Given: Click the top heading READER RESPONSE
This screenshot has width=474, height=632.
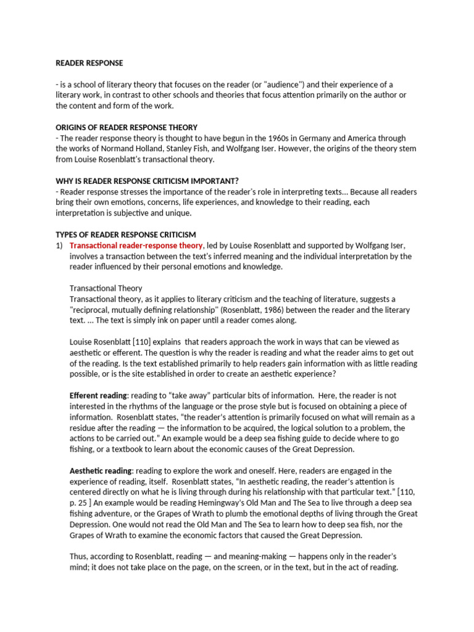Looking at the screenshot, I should point(89,63).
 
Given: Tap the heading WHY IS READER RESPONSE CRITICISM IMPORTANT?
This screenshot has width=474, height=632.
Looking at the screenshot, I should point(147,181).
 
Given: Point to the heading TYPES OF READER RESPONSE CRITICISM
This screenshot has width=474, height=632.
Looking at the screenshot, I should point(126,235).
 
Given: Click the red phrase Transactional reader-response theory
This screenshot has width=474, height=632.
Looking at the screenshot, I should point(136,245).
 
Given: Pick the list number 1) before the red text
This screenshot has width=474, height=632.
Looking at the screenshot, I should point(60,245).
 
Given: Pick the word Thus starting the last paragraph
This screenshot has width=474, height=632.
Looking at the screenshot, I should point(78,556).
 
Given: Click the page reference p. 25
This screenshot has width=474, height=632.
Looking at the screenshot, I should point(80,502).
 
